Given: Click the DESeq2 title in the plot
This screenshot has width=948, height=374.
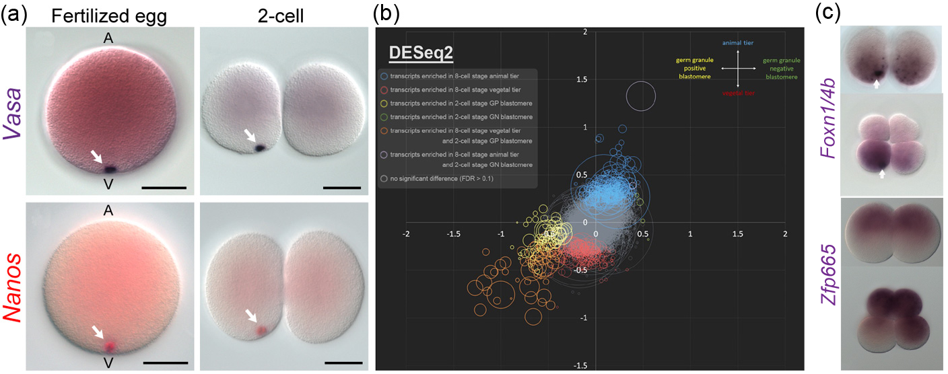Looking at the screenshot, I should tap(416, 54).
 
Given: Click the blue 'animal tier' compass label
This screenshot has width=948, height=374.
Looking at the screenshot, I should tap(737, 43).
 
